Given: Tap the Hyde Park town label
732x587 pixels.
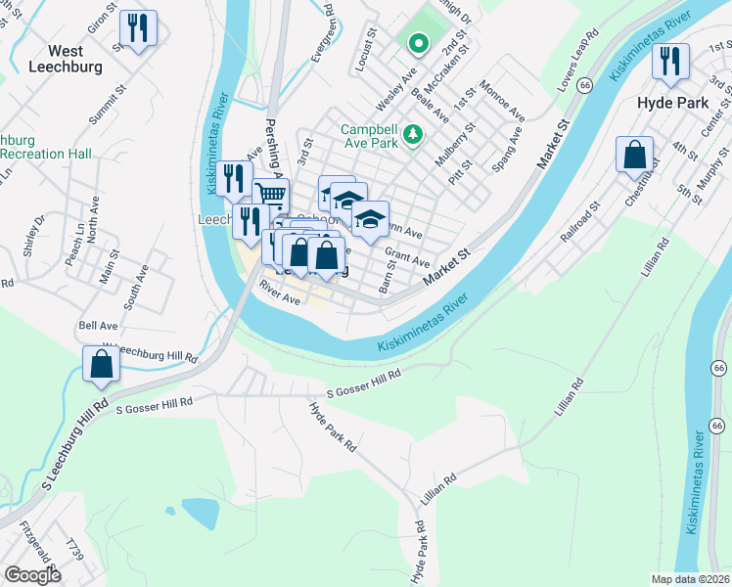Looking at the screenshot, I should pos(674,101).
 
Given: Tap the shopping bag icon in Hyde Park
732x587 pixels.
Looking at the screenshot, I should pos(635,155).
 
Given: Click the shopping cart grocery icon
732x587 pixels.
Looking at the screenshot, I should pos(271,196).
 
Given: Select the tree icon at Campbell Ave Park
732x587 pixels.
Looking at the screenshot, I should pos(414,132).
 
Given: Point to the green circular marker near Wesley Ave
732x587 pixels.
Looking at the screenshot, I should pos(418,43).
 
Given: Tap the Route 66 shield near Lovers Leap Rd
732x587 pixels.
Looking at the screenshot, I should pos(584,86).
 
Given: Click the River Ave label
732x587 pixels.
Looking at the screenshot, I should pos(279,293).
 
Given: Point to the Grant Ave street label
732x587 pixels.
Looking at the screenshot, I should pos(407,257).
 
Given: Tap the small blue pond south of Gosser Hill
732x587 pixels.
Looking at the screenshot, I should pos(199,513).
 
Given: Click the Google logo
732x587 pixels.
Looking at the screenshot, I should pos(32,575).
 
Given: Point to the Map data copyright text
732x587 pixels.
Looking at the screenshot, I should pos(690,579).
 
